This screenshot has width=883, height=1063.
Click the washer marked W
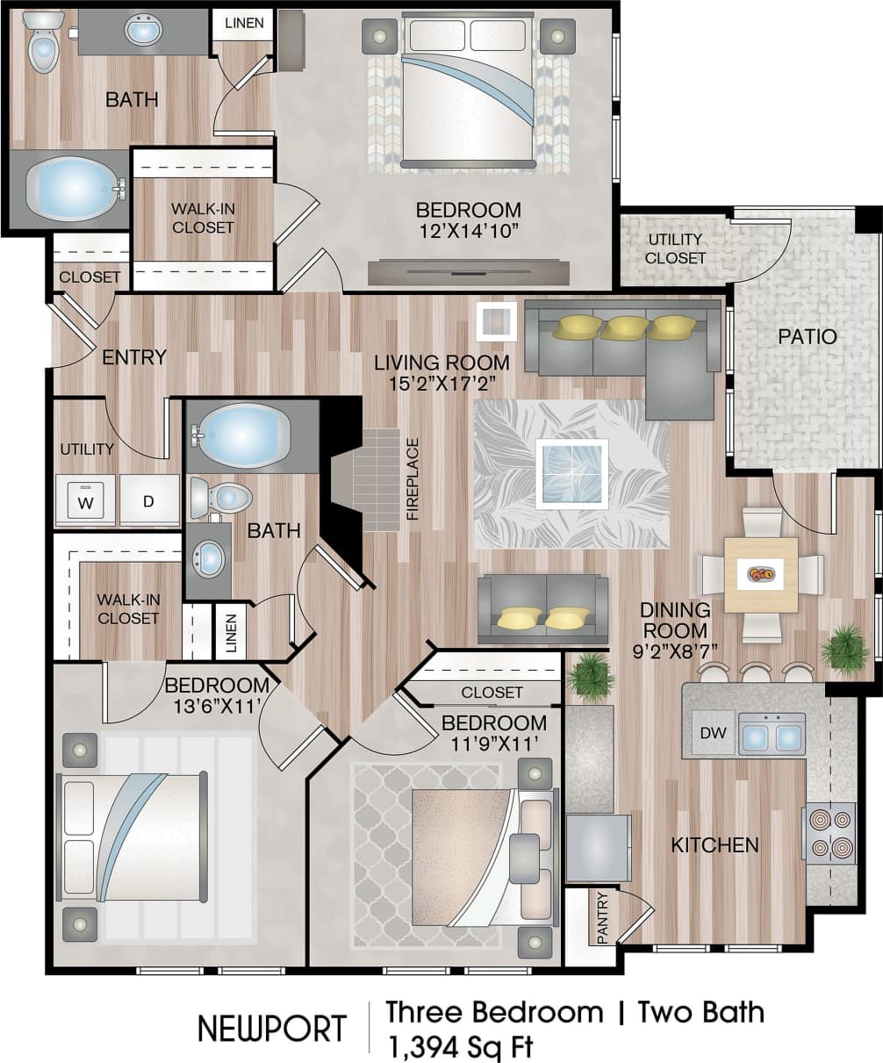(x=85, y=501)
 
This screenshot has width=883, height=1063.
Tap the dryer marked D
(x=149, y=501)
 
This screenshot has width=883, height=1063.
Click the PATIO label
(x=807, y=336)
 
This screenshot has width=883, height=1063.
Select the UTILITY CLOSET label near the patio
(x=676, y=248)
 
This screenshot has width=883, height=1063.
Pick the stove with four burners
(x=829, y=833)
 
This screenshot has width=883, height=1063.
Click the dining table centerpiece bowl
(x=761, y=575)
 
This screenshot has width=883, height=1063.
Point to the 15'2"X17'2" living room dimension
(x=441, y=384)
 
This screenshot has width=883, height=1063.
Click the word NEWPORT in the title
(x=271, y=1028)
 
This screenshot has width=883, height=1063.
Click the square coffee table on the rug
(x=571, y=474)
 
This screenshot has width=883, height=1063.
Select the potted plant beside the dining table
(x=845, y=650)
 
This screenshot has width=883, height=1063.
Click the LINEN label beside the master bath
(x=243, y=23)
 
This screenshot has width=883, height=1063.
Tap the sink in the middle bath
(x=209, y=558)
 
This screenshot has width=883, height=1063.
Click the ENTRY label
(x=134, y=357)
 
